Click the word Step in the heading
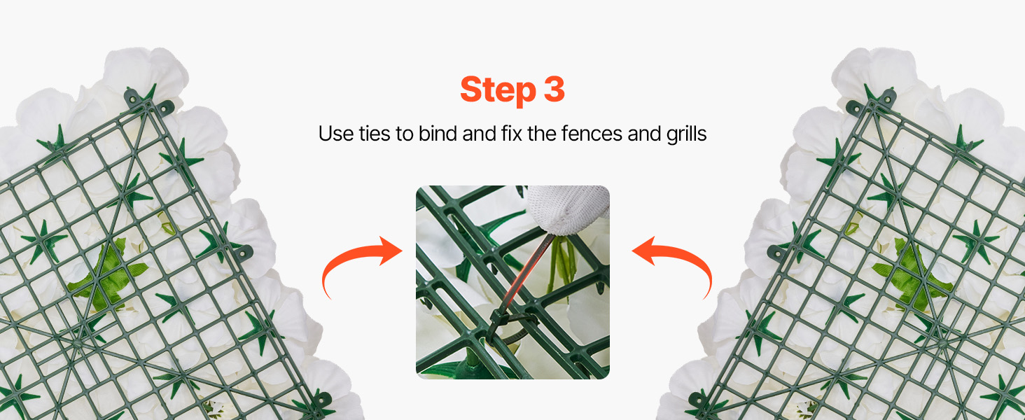click(x=498, y=90)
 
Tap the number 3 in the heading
click(x=554, y=89)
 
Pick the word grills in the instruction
click(x=686, y=134)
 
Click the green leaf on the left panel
click(x=108, y=275)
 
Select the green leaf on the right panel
click(x=912, y=275)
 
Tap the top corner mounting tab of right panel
click(x=872, y=101)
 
